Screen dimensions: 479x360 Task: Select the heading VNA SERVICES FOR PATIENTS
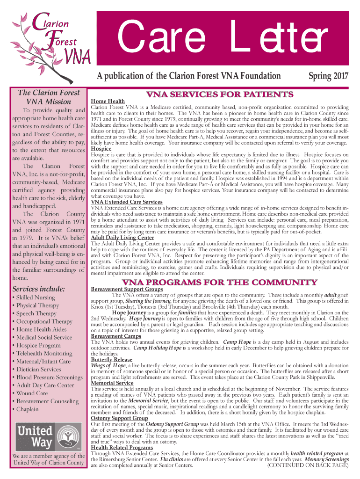pyautogui.click(x=220, y=95)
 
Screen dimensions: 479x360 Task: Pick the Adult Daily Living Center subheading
pyautogui.click(x=122, y=238)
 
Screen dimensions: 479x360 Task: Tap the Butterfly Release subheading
pyautogui.click(x=112, y=359)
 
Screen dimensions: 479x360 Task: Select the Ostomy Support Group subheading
pyautogui.click(x=119, y=418)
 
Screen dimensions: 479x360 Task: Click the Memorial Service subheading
pyautogui.click(x=112, y=383)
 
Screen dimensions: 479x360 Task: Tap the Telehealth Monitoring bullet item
pyautogui.click(x=44, y=353)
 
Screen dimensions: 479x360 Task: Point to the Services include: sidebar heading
pyautogui.click(x=38, y=288)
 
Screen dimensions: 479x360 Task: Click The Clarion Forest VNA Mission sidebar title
pyautogui.click(x=49, y=97)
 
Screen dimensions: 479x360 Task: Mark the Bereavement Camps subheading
pyautogui.click(x=116, y=336)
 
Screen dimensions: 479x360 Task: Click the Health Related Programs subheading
pyautogui.click(x=122, y=448)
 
